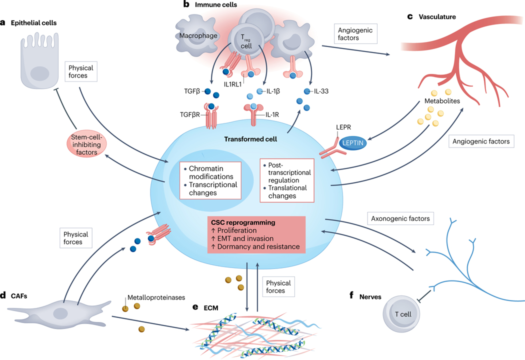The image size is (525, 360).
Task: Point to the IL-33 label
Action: (324, 91)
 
